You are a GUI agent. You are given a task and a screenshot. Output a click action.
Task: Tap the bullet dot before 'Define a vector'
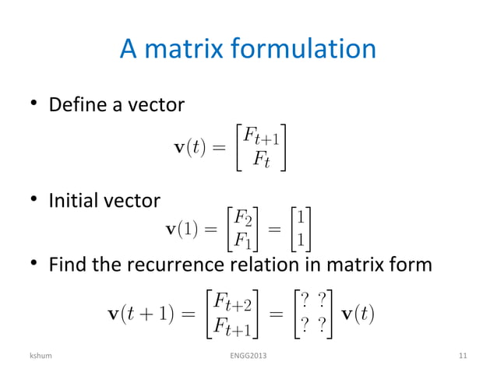[x=34, y=104]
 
